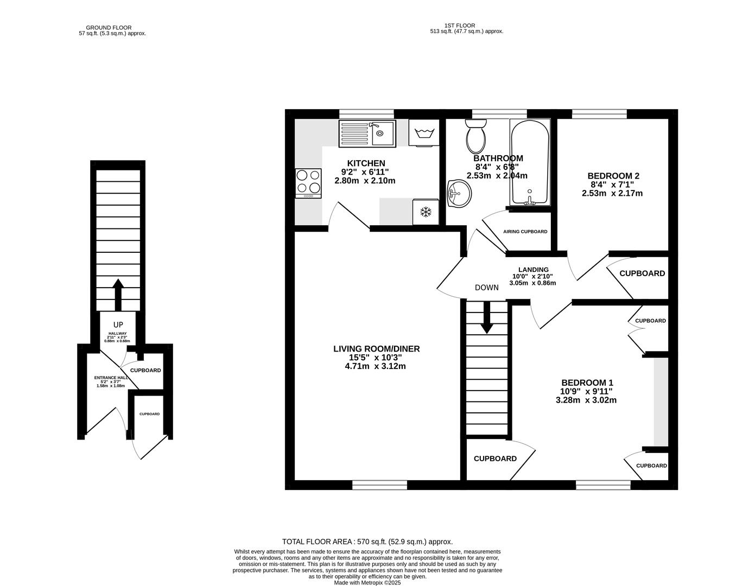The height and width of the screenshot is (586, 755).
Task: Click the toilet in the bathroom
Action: click(476, 137)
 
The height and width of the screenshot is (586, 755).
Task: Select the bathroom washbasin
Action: click(459, 194)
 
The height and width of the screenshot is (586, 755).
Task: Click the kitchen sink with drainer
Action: click(367, 133)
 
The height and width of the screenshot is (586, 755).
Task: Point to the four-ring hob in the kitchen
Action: click(308, 183)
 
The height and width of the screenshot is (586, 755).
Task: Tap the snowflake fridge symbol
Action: click(426, 212)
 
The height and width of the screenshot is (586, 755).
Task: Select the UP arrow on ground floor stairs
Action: click(117, 293)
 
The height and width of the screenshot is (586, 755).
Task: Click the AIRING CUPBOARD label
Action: click(525, 232)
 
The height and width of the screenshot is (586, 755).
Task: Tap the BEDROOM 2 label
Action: click(613, 176)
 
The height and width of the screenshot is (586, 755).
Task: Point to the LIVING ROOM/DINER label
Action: click(376, 349)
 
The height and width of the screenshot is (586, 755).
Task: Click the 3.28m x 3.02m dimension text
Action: click(586, 400)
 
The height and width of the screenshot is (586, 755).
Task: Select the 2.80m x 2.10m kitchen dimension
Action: click(365, 181)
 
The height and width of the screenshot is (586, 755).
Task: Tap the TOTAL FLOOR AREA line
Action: click(367, 542)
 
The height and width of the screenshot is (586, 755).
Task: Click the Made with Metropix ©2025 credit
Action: click(368, 583)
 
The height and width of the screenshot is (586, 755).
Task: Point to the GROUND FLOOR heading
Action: click(109, 28)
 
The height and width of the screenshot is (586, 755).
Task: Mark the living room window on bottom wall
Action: click(379, 485)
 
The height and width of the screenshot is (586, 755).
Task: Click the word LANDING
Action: click(533, 270)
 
